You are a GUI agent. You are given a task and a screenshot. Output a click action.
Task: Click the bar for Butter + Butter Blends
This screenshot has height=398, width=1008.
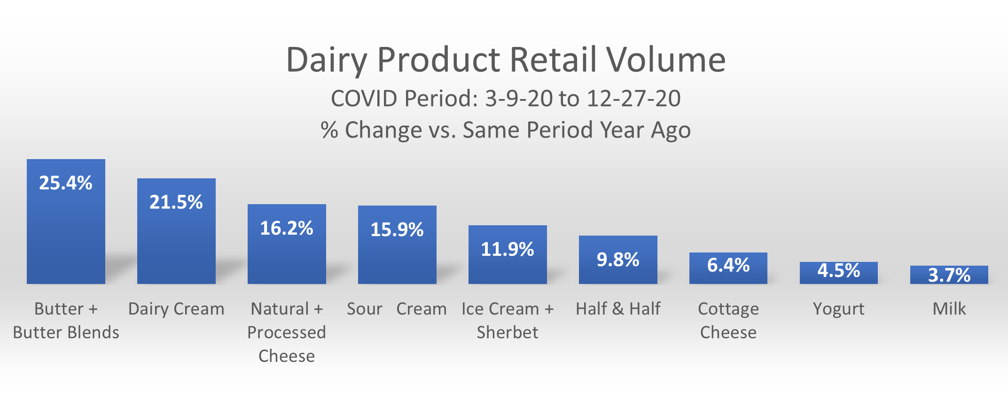[66, 222]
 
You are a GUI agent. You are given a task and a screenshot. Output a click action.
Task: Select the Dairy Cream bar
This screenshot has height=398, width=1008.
[176, 231]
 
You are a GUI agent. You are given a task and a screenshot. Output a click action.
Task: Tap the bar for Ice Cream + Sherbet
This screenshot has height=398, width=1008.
[508, 254]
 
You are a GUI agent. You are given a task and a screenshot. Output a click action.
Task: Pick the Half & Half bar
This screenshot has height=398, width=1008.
[618, 260]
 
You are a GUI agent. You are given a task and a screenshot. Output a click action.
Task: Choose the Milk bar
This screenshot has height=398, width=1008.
[949, 275]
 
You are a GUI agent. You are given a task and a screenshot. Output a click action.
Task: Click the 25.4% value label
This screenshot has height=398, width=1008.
[66, 183]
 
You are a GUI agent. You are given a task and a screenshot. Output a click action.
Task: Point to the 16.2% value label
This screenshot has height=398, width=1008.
[287, 228]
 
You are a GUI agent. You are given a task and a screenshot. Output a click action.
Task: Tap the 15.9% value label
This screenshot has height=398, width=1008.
[397, 230]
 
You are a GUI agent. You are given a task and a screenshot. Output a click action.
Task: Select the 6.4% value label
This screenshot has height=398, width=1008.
[728, 265]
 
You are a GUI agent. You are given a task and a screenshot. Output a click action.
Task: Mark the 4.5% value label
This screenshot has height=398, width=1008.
[839, 270]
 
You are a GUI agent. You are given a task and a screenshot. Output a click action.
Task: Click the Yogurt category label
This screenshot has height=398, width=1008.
[839, 309]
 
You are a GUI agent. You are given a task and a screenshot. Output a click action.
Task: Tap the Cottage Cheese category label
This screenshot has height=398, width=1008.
[728, 321]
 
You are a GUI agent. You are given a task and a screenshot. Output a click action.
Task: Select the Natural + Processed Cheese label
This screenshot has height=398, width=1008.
[287, 332]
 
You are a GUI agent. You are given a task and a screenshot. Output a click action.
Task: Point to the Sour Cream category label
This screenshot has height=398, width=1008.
[397, 309]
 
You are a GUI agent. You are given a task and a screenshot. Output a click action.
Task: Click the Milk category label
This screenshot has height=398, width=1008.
[949, 309]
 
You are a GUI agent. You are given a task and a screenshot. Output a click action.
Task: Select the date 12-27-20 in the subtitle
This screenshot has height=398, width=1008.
[633, 99]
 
